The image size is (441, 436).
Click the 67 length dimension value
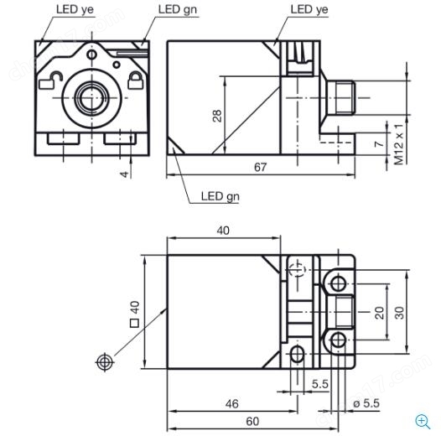(260, 167)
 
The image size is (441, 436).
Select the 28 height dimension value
(217, 116)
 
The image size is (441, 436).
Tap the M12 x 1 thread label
(399, 144)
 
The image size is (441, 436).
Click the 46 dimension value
(231, 404)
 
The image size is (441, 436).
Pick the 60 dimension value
(252, 422)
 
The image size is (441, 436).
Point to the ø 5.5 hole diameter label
(366, 403)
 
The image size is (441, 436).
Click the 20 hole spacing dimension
(380, 313)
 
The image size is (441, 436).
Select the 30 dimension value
(399, 313)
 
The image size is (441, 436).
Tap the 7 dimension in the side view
(380, 143)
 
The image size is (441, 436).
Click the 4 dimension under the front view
(124, 174)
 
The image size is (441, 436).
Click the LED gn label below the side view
(220, 196)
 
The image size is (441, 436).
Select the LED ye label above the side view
(309, 9)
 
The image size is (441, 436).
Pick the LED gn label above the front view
(178, 9)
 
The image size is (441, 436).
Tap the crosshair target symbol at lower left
(105, 362)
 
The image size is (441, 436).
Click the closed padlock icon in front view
(136, 80)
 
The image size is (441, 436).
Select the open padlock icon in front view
(50, 80)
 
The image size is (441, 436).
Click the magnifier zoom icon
(423, 422)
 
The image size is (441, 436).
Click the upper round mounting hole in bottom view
(338, 283)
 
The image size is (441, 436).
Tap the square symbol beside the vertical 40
(134, 323)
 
